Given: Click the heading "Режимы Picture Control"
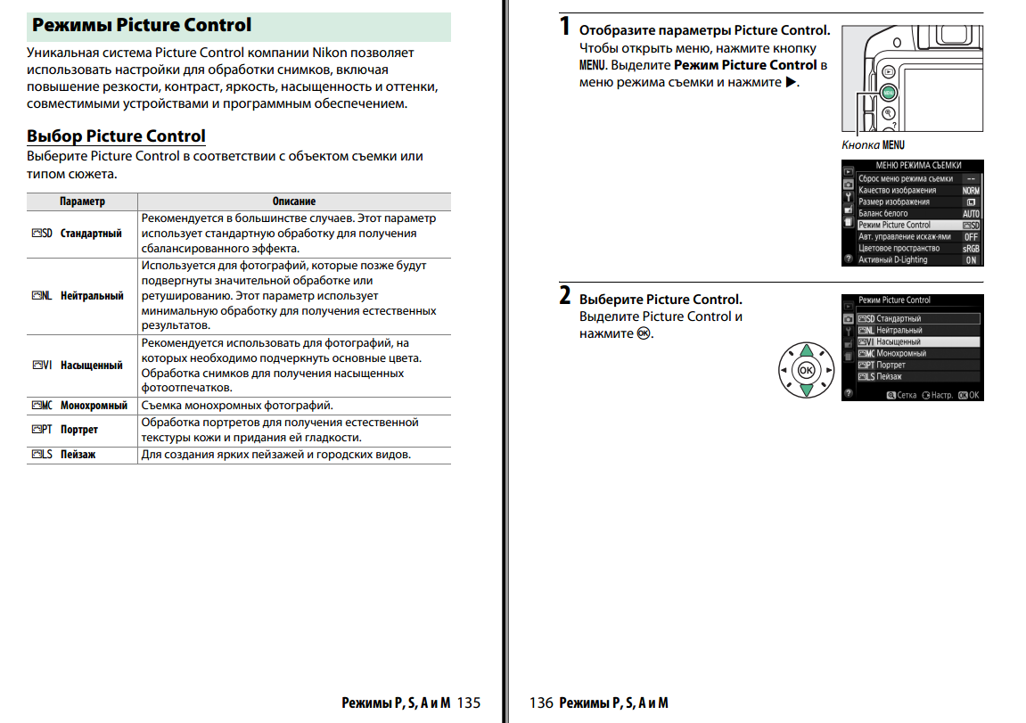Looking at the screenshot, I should [142, 26].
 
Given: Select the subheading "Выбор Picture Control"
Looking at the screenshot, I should [116, 136].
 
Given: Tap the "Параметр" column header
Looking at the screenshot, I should [82, 201].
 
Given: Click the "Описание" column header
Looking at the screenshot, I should [294, 201].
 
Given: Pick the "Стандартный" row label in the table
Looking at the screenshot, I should [91, 234].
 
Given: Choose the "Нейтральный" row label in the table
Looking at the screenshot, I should [92, 296].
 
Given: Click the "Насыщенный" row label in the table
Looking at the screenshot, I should [91, 365].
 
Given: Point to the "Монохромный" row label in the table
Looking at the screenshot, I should [94, 406].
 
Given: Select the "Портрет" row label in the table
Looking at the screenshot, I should [79, 430].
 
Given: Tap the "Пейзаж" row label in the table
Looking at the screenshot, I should [78, 455].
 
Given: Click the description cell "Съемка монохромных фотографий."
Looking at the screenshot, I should [237, 406].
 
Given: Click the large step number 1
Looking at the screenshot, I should [564, 27].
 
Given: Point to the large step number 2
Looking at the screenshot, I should [565, 296].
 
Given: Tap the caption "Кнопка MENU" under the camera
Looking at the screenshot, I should [873, 144].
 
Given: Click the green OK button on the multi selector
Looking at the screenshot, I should [806, 369].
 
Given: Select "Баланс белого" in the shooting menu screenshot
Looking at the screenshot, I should [882, 213].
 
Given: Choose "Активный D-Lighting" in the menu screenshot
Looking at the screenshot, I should [892, 259].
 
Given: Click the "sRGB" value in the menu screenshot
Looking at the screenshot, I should [971, 249].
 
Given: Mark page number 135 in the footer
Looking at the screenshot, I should [468, 702].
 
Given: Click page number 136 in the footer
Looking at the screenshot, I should [541, 702].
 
